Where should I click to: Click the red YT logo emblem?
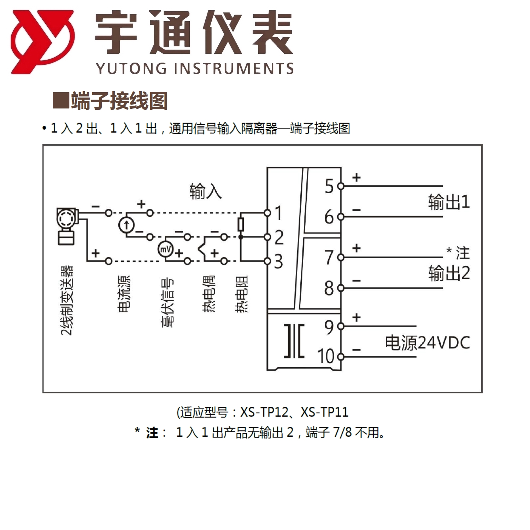[x=42, y=42]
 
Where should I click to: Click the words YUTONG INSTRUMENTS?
[x=194, y=68]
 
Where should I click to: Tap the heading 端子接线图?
[x=119, y=101]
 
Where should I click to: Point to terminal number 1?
[x=278, y=213]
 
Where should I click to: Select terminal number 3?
[x=278, y=261]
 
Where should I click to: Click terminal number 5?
[x=329, y=186]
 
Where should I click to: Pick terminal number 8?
[x=329, y=288]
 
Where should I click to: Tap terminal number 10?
[x=325, y=356]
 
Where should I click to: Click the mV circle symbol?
[x=165, y=249]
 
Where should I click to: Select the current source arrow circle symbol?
[x=126, y=225]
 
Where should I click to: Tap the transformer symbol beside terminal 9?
[x=294, y=341]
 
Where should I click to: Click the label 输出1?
[x=449, y=202]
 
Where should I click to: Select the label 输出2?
[x=449, y=273]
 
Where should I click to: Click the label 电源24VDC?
[x=427, y=343]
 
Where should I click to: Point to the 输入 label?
[x=205, y=192]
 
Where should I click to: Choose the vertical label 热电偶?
[x=209, y=294]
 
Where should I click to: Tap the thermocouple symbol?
[x=202, y=249]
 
